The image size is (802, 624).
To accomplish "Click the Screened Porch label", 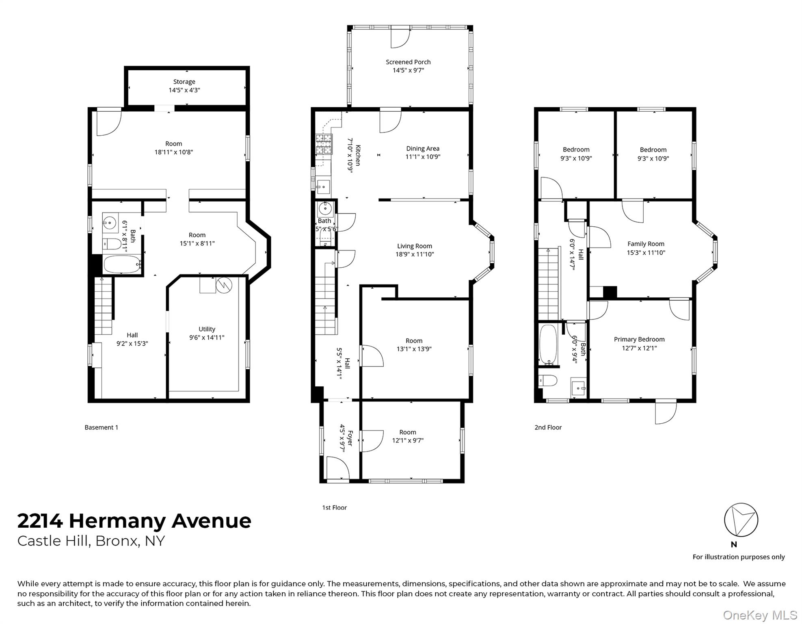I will click(x=408, y=62).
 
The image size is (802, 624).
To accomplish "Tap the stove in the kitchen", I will click(x=324, y=144).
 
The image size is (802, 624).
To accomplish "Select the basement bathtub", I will click(x=121, y=264).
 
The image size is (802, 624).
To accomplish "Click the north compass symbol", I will click(x=741, y=520).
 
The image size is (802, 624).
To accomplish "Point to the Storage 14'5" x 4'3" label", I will click(x=184, y=86).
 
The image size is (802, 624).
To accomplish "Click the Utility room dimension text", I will click(x=207, y=338).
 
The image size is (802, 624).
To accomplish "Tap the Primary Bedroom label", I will click(x=639, y=340).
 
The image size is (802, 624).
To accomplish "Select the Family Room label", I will click(x=645, y=244).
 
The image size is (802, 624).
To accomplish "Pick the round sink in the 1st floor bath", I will click(x=325, y=208).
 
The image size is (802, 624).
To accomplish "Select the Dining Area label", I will click(x=422, y=149).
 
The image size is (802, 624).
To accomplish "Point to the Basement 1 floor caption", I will click(x=101, y=427).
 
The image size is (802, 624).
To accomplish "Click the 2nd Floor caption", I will click(x=548, y=427).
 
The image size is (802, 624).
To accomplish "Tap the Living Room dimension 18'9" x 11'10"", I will click(x=414, y=255).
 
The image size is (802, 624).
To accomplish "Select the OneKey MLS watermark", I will click(x=760, y=615).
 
